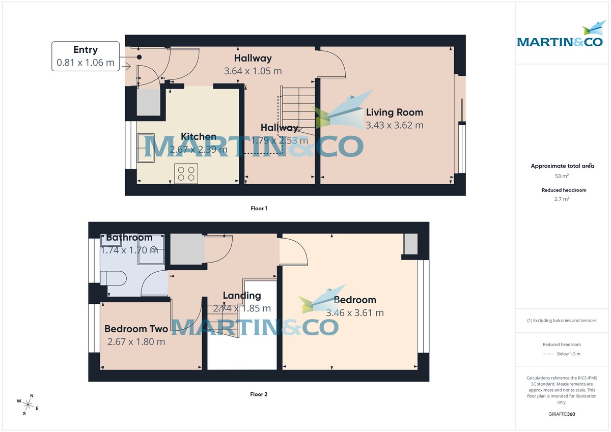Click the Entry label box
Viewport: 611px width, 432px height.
86,56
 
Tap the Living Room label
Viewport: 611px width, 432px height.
395,112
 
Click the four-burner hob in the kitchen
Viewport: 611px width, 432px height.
186,173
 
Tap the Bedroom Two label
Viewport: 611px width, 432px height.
136,329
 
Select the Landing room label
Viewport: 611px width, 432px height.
242,296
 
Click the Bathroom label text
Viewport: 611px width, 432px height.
129,238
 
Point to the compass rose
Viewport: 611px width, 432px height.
28,405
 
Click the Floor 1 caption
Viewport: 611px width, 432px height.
259,208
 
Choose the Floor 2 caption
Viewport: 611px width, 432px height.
259,394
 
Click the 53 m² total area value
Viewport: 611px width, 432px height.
562,176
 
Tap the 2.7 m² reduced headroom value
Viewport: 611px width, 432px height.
562,199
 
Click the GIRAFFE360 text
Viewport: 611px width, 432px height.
562,414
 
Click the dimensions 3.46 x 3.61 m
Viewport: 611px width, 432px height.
355,313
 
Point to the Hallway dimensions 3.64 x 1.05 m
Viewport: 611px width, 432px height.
253,71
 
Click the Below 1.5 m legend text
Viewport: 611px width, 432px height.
569,354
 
